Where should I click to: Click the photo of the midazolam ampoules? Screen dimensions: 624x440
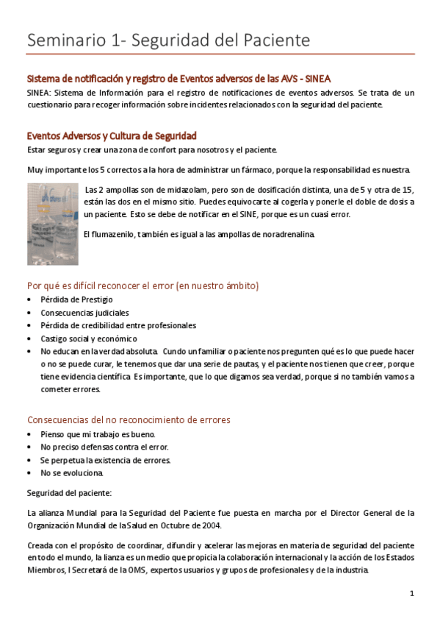(x=52, y=224)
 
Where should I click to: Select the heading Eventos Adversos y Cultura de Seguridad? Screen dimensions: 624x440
(x=111, y=136)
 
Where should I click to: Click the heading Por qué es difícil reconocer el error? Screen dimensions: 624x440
(x=143, y=286)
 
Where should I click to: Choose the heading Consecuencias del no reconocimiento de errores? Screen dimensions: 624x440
(x=129, y=420)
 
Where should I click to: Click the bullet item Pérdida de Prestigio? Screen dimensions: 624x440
(x=76, y=299)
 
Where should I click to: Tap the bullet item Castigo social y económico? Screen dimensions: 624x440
(x=89, y=338)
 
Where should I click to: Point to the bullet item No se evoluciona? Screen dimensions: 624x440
(x=72, y=472)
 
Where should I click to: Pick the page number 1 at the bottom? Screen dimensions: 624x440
(x=412, y=593)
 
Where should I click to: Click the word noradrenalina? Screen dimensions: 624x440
(x=287, y=234)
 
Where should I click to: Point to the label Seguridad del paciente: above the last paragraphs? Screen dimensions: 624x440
(x=69, y=492)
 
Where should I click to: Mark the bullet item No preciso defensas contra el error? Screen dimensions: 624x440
(x=104, y=447)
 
